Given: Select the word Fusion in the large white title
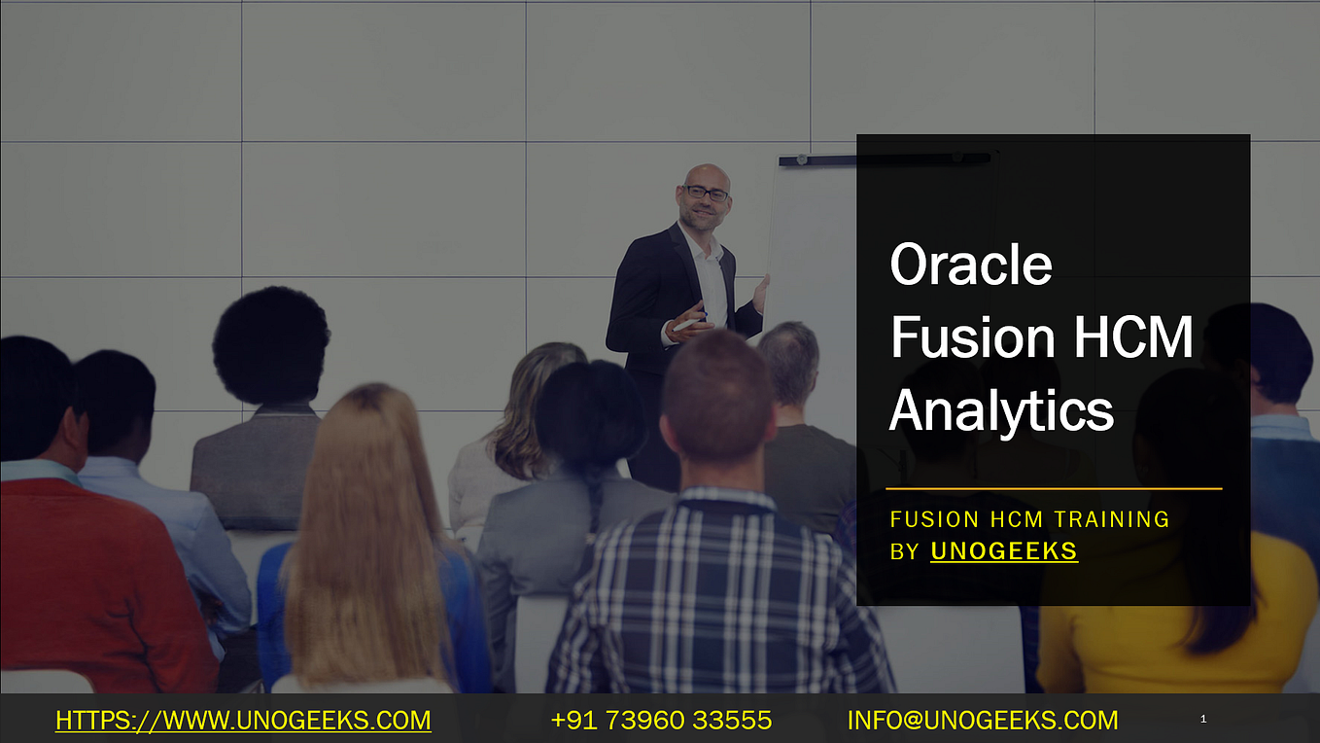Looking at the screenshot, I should (x=973, y=337).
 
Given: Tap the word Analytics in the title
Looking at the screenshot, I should (x=1001, y=409).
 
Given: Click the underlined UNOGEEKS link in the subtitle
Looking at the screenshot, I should (x=1004, y=551).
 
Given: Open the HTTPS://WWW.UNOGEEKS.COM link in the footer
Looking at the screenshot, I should (x=243, y=721).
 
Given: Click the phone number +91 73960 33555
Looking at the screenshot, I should (x=661, y=721).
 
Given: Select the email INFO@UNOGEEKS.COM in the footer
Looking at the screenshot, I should (x=983, y=721).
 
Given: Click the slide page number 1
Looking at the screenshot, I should (x=1203, y=720).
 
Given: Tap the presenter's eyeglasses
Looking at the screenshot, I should (x=706, y=193).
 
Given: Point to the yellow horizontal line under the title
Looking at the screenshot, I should (x=1054, y=488).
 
